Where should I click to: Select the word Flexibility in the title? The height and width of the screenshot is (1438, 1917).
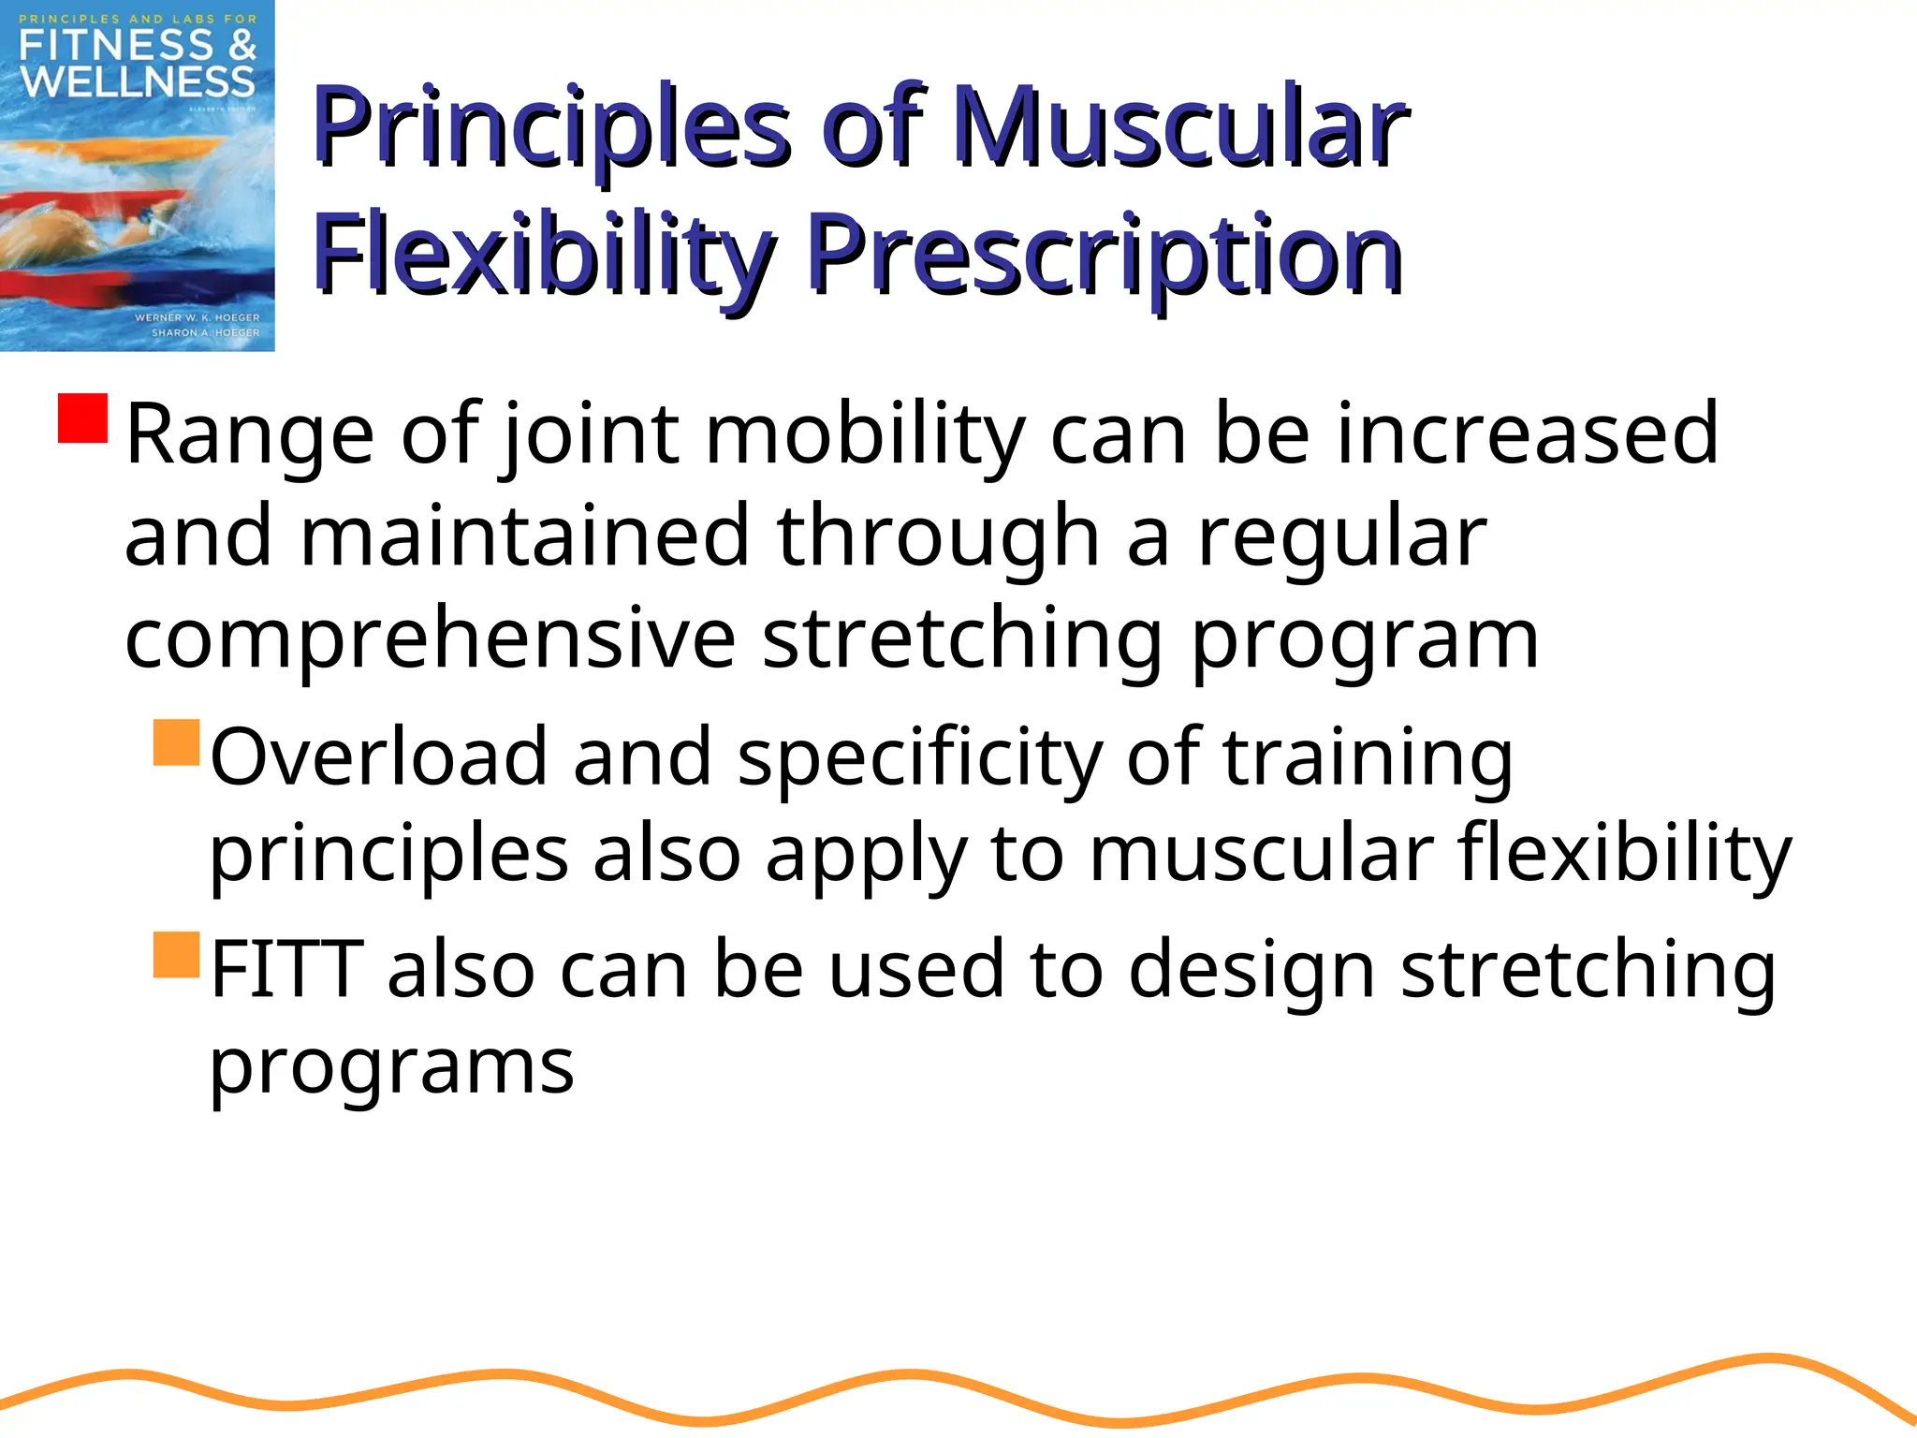(543, 255)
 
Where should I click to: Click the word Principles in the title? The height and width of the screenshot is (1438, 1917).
(552, 129)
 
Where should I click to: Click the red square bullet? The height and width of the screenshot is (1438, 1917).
(83, 418)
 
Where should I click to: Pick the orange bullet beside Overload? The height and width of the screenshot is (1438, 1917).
(177, 742)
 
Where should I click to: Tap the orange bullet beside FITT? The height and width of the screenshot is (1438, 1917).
(177, 955)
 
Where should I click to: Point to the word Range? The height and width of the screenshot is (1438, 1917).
(250, 434)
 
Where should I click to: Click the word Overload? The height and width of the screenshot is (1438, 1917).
(378, 756)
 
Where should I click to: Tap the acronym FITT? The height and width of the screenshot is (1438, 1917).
(286, 969)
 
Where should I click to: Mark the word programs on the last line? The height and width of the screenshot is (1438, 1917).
(391, 1068)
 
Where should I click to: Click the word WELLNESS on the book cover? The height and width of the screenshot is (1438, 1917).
(138, 82)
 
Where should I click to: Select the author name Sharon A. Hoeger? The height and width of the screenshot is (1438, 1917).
(205, 332)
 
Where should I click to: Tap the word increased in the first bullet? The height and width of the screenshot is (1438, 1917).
(1527, 434)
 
